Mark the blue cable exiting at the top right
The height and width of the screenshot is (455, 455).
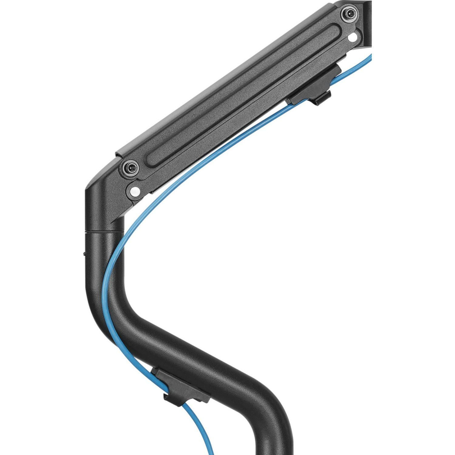click(367, 62)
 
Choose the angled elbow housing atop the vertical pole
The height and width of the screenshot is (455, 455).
click(104, 201)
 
